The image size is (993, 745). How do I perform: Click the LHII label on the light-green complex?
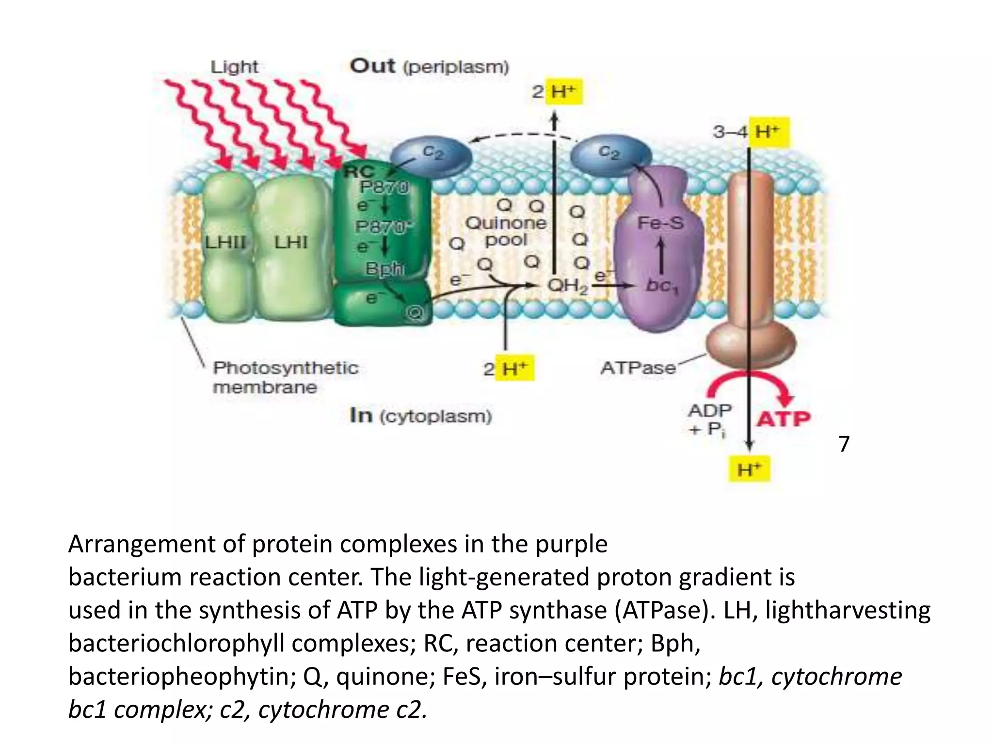pyautogui.click(x=225, y=242)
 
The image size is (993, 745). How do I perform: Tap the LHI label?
pyautogui.click(x=291, y=242)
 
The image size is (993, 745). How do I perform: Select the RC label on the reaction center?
pyautogui.click(x=359, y=171)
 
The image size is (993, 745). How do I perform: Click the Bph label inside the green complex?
pyautogui.click(x=384, y=268)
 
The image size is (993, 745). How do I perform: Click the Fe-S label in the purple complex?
pyautogui.click(x=660, y=223)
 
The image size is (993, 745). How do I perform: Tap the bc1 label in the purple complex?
pyautogui.click(x=662, y=286)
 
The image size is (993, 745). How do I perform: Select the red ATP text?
pyautogui.click(x=784, y=419)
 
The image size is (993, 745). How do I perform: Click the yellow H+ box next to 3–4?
pyautogui.click(x=769, y=132)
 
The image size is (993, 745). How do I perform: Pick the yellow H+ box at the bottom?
pyautogui.click(x=750, y=469)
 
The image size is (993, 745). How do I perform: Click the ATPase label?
pyautogui.click(x=638, y=368)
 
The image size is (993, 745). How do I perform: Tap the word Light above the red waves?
pyautogui.click(x=234, y=66)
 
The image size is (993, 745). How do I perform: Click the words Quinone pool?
pyautogui.click(x=506, y=231)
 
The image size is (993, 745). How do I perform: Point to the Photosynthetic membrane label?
pyautogui.click(x=285, y=377)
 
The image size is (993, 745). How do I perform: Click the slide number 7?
pyautogui.click(x=844, y=443)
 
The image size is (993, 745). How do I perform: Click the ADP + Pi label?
pyautogui.click(x=709, y=420)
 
